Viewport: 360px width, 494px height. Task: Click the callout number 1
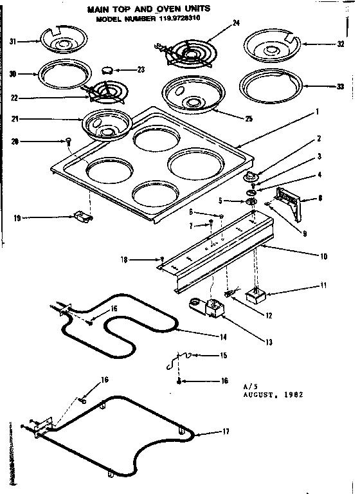[x=317, y=111]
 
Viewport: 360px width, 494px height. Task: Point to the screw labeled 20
[x=67, y=141]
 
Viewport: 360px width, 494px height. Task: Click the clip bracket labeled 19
[x=83, y=217]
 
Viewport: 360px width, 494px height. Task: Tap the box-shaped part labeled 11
[x=256, y=295]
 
